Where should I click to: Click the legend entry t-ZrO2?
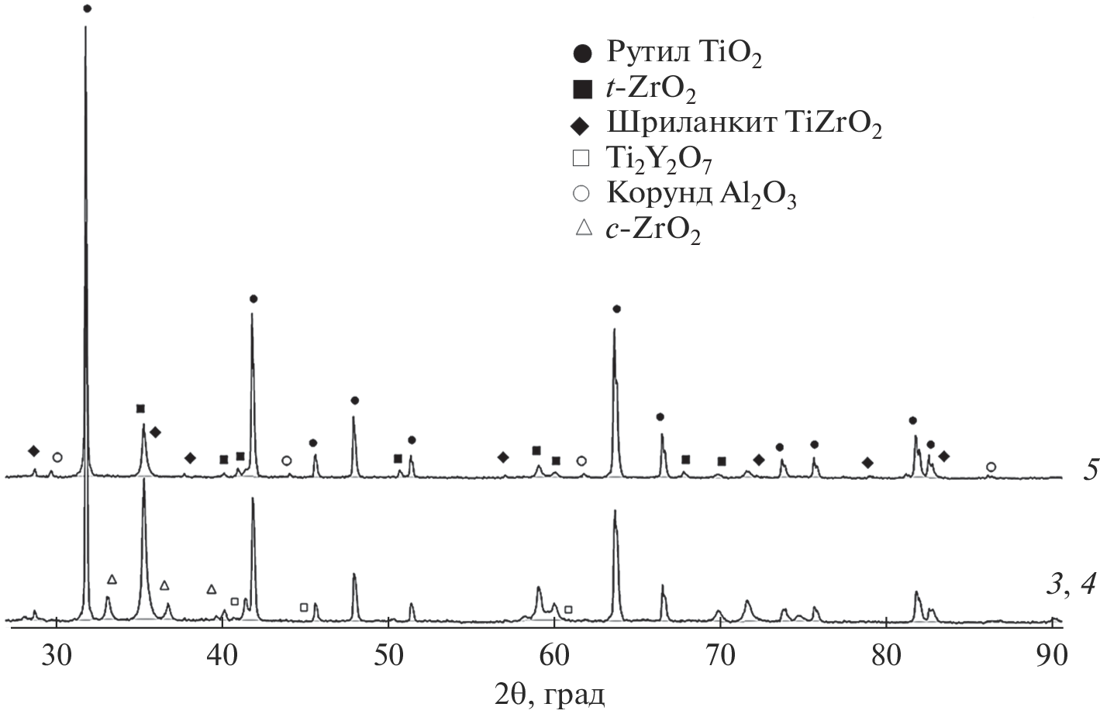tap(651, 90)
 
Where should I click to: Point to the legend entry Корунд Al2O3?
tap(702, 195)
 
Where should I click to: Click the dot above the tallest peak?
tap(87, 9)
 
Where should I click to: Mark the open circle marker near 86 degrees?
tap(991, 467)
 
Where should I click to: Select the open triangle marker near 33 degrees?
tap(112, 579)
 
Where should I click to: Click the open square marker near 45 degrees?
tap(304, 607)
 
